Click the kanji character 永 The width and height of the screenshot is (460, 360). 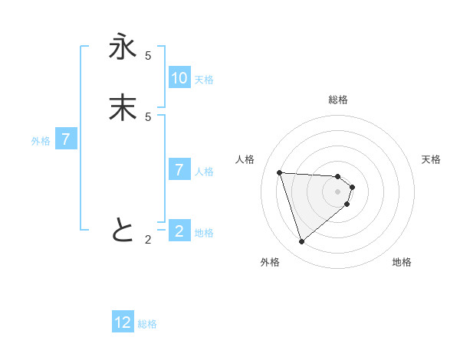click(123, 48)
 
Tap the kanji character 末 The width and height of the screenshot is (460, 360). click(123, 108)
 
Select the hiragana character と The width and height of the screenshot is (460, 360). click(123, 230)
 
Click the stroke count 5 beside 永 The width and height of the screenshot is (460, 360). click(148, 56)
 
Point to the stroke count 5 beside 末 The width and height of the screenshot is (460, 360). click(148, 116)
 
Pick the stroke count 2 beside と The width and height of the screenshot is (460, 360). click(148, 239)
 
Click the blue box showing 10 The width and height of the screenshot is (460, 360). click(179, 78)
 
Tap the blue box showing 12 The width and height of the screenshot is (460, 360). click(123, 322)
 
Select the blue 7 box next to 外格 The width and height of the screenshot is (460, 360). click(66, 139)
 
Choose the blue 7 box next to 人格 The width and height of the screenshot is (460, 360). click(179, 170)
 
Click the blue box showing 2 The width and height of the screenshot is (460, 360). click(179, 231)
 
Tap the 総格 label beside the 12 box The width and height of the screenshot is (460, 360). click(147, 324)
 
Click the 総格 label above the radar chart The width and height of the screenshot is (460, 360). click(338, 100)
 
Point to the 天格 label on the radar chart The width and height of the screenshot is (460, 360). click(431, 159)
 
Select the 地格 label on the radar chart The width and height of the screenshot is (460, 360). click(402, 262)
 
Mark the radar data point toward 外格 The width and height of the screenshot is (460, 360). click(301, 242)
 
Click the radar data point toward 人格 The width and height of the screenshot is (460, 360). click(280, 172)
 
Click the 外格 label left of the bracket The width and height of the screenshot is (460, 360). click(41, 141)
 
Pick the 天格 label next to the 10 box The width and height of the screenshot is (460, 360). click(204, 80)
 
